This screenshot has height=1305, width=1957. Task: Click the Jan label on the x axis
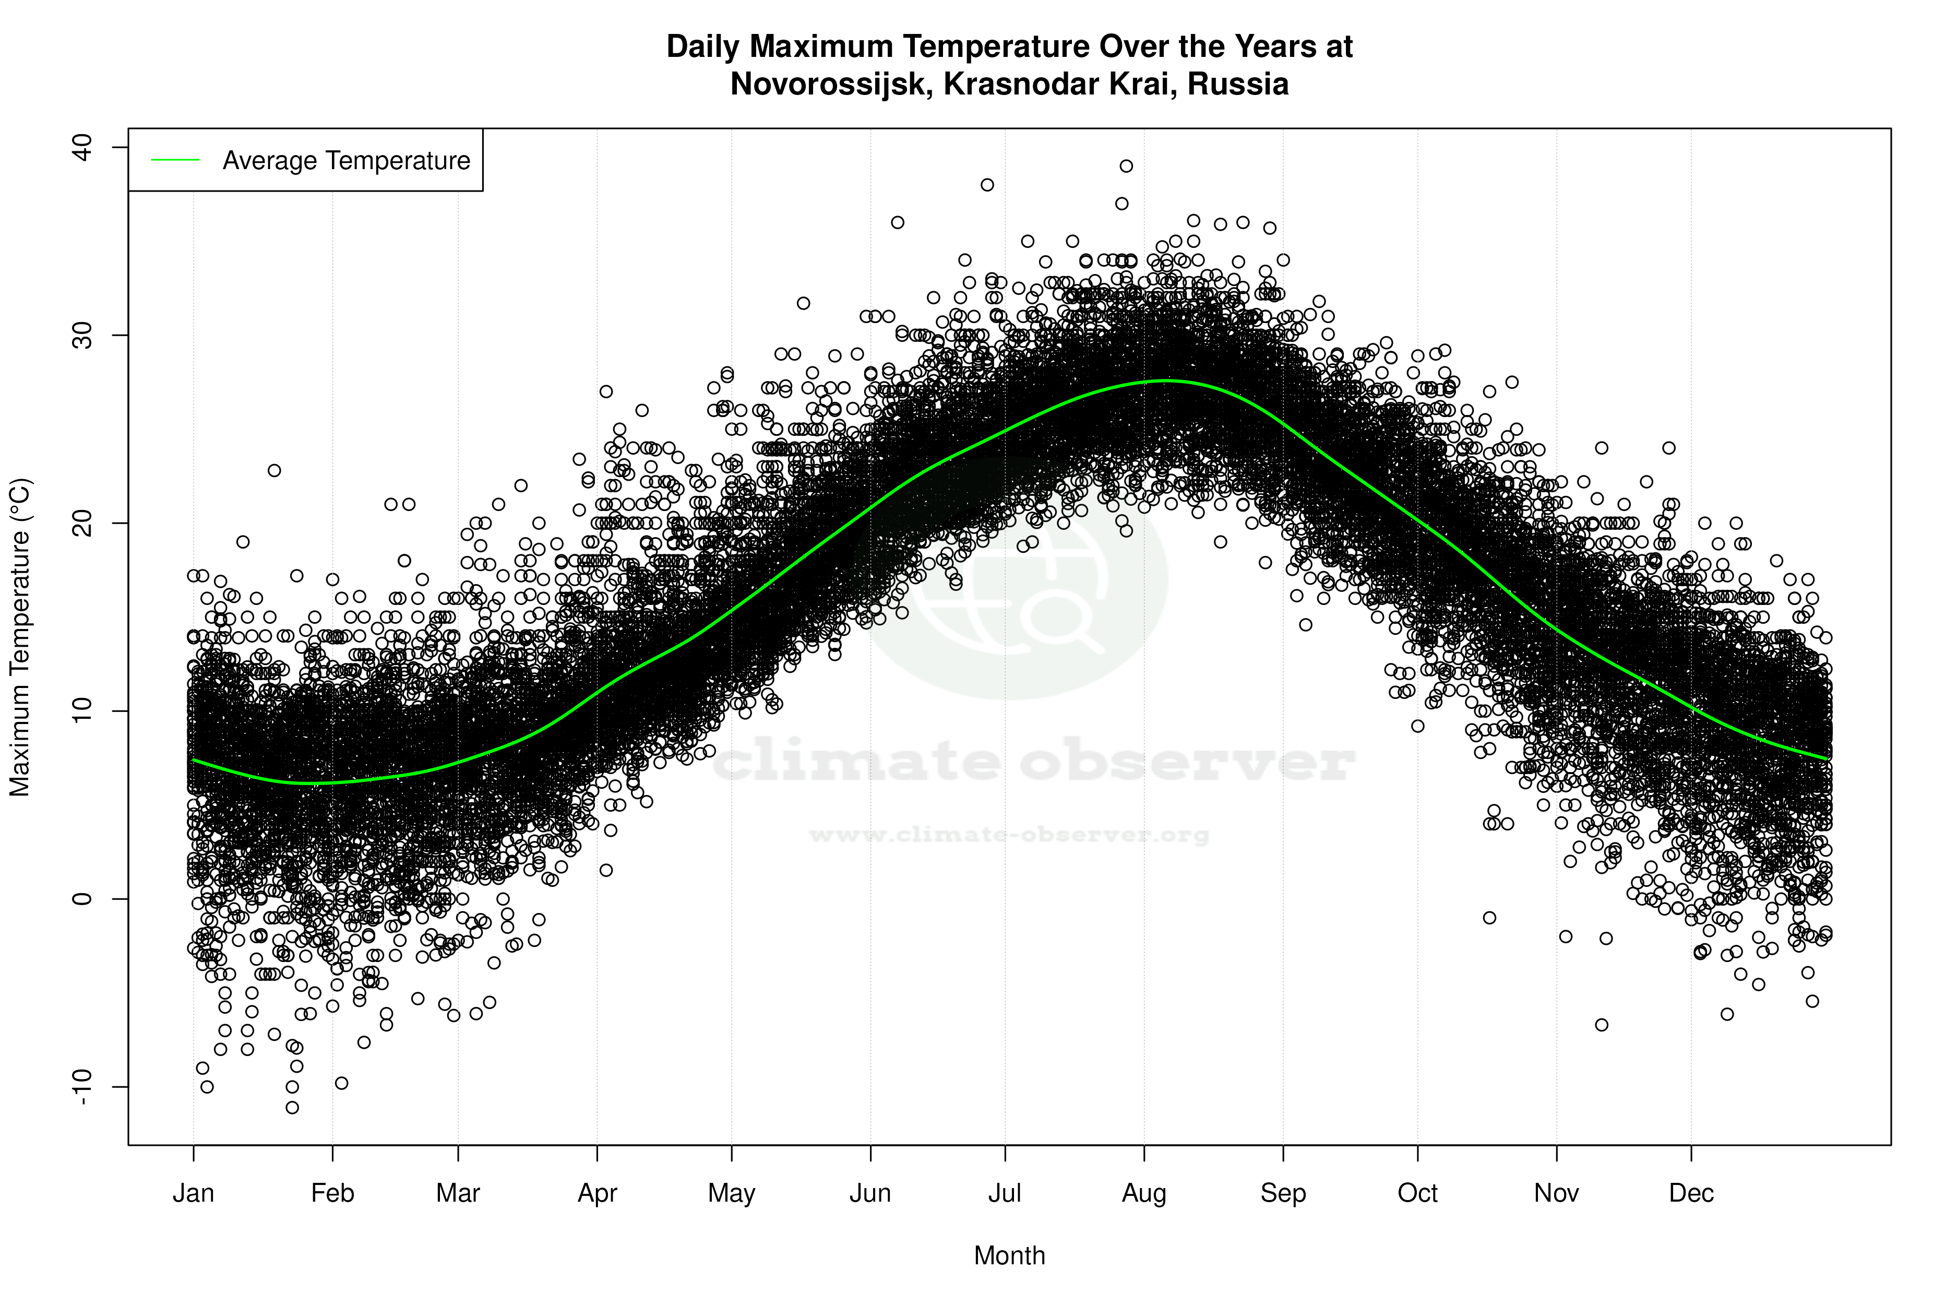point(193,1193)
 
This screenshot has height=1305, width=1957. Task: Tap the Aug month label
point(1143,1193)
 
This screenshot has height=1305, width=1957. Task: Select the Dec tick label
point(1691,1193)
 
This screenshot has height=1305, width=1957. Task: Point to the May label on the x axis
point(731,1193)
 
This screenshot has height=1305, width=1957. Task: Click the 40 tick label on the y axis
point(82,147)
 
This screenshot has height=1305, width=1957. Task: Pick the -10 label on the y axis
point(82,1086)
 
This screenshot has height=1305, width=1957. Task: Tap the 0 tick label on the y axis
point(82,899)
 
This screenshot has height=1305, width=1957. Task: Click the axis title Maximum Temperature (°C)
point(19,637)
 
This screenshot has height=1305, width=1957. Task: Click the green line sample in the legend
point(175,160)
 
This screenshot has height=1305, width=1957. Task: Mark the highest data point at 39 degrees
point(1126,165)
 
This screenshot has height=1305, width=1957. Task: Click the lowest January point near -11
point(292,1107)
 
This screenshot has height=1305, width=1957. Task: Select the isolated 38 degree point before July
point(987,185)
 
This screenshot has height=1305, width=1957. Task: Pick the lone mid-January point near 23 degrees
point(274,470)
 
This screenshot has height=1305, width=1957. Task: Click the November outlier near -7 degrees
point(1601,1025)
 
